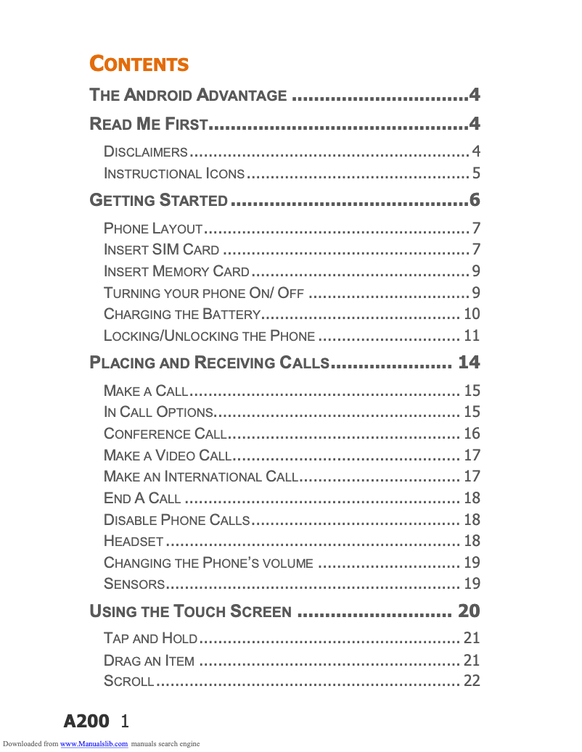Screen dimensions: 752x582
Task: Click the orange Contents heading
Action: click(x=139, y=64)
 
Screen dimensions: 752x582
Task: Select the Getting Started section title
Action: click(x=158, y=200)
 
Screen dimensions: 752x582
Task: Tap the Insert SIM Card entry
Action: click(x=161, y=250)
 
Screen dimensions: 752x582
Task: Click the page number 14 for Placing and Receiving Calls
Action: click(x=469, y=363)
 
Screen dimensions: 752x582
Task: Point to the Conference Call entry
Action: click(x=165, y=434)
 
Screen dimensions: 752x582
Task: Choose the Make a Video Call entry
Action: click(x=167, y=455)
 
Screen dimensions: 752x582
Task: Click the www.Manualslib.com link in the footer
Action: click(x=94, y=743)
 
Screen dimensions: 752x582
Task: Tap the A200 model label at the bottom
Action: click(x=86, y=721)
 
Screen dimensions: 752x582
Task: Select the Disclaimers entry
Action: click(x=146, y=152)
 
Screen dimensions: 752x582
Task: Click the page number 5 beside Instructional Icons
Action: click(x=476, y=174)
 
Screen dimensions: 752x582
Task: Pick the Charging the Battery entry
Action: click(x=181, y=315)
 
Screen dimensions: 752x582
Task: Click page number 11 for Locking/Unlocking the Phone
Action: click(x=472, y=336)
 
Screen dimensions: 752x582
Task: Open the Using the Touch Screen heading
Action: click(x=190, y=611)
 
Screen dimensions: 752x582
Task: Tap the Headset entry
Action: click(x=134, y=541)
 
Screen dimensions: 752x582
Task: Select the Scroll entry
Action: click(x=128, y=682)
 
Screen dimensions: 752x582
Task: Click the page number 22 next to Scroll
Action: click(x=472, y=682)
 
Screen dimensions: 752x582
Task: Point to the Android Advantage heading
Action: click(x=188, y=95)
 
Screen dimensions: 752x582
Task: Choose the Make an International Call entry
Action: click(x=200, y=477)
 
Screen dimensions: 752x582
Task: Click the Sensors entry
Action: click(x=134, y=584)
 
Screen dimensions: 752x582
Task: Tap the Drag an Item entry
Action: click(x=149, y=661)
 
